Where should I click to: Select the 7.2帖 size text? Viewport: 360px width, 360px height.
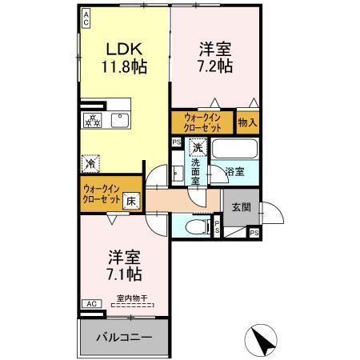click(x=215, y=66)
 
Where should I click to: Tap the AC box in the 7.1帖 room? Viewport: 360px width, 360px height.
click(x=90, y=305)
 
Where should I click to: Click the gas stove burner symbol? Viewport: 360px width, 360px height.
click(x=92, y=121)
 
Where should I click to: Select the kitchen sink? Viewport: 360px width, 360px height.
click(x=122, y=121)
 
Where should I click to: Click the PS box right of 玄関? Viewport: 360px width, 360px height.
click(x=254, y=233)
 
